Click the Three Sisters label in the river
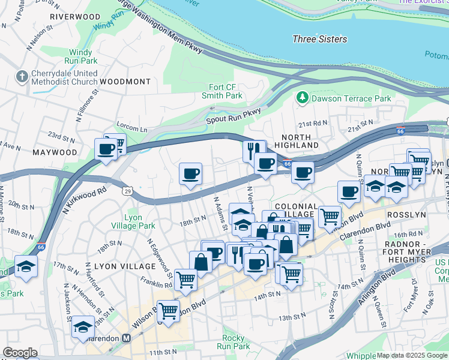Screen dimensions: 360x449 319,39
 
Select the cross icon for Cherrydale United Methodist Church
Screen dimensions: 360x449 22,77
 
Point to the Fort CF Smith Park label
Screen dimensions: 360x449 225,91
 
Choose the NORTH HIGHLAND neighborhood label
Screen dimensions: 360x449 297,141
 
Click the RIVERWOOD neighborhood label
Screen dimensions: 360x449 75,17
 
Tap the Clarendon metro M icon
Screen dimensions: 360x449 126,338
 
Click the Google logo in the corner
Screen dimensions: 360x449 20,353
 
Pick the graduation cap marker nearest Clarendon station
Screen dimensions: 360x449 83,328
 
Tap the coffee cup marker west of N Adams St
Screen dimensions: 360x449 191,175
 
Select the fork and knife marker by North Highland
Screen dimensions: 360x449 255,150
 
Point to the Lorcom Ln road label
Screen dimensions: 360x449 135,129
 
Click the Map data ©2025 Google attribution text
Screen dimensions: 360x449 412,355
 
